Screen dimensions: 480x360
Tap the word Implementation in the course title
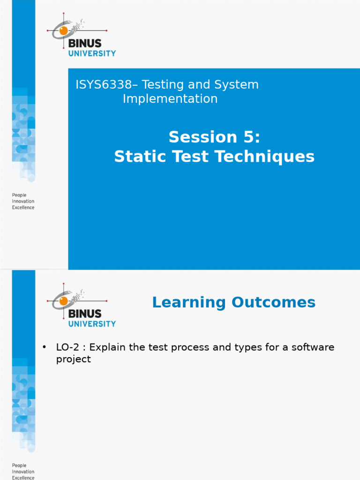point(170,99)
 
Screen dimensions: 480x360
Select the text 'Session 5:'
point(214,137)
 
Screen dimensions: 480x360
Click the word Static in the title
point(139,157)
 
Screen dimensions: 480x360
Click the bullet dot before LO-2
point(45,347)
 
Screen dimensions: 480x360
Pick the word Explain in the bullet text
point(107,347)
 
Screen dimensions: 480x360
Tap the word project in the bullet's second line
point(73,360)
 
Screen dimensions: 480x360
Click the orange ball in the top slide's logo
point(63,30)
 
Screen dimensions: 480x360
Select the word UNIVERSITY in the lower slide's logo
point(92,323)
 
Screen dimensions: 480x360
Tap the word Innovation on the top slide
point(23,201)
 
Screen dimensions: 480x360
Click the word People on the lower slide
point(19,465)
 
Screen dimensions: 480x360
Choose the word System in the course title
point(237,85)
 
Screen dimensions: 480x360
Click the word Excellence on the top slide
point(23,207)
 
